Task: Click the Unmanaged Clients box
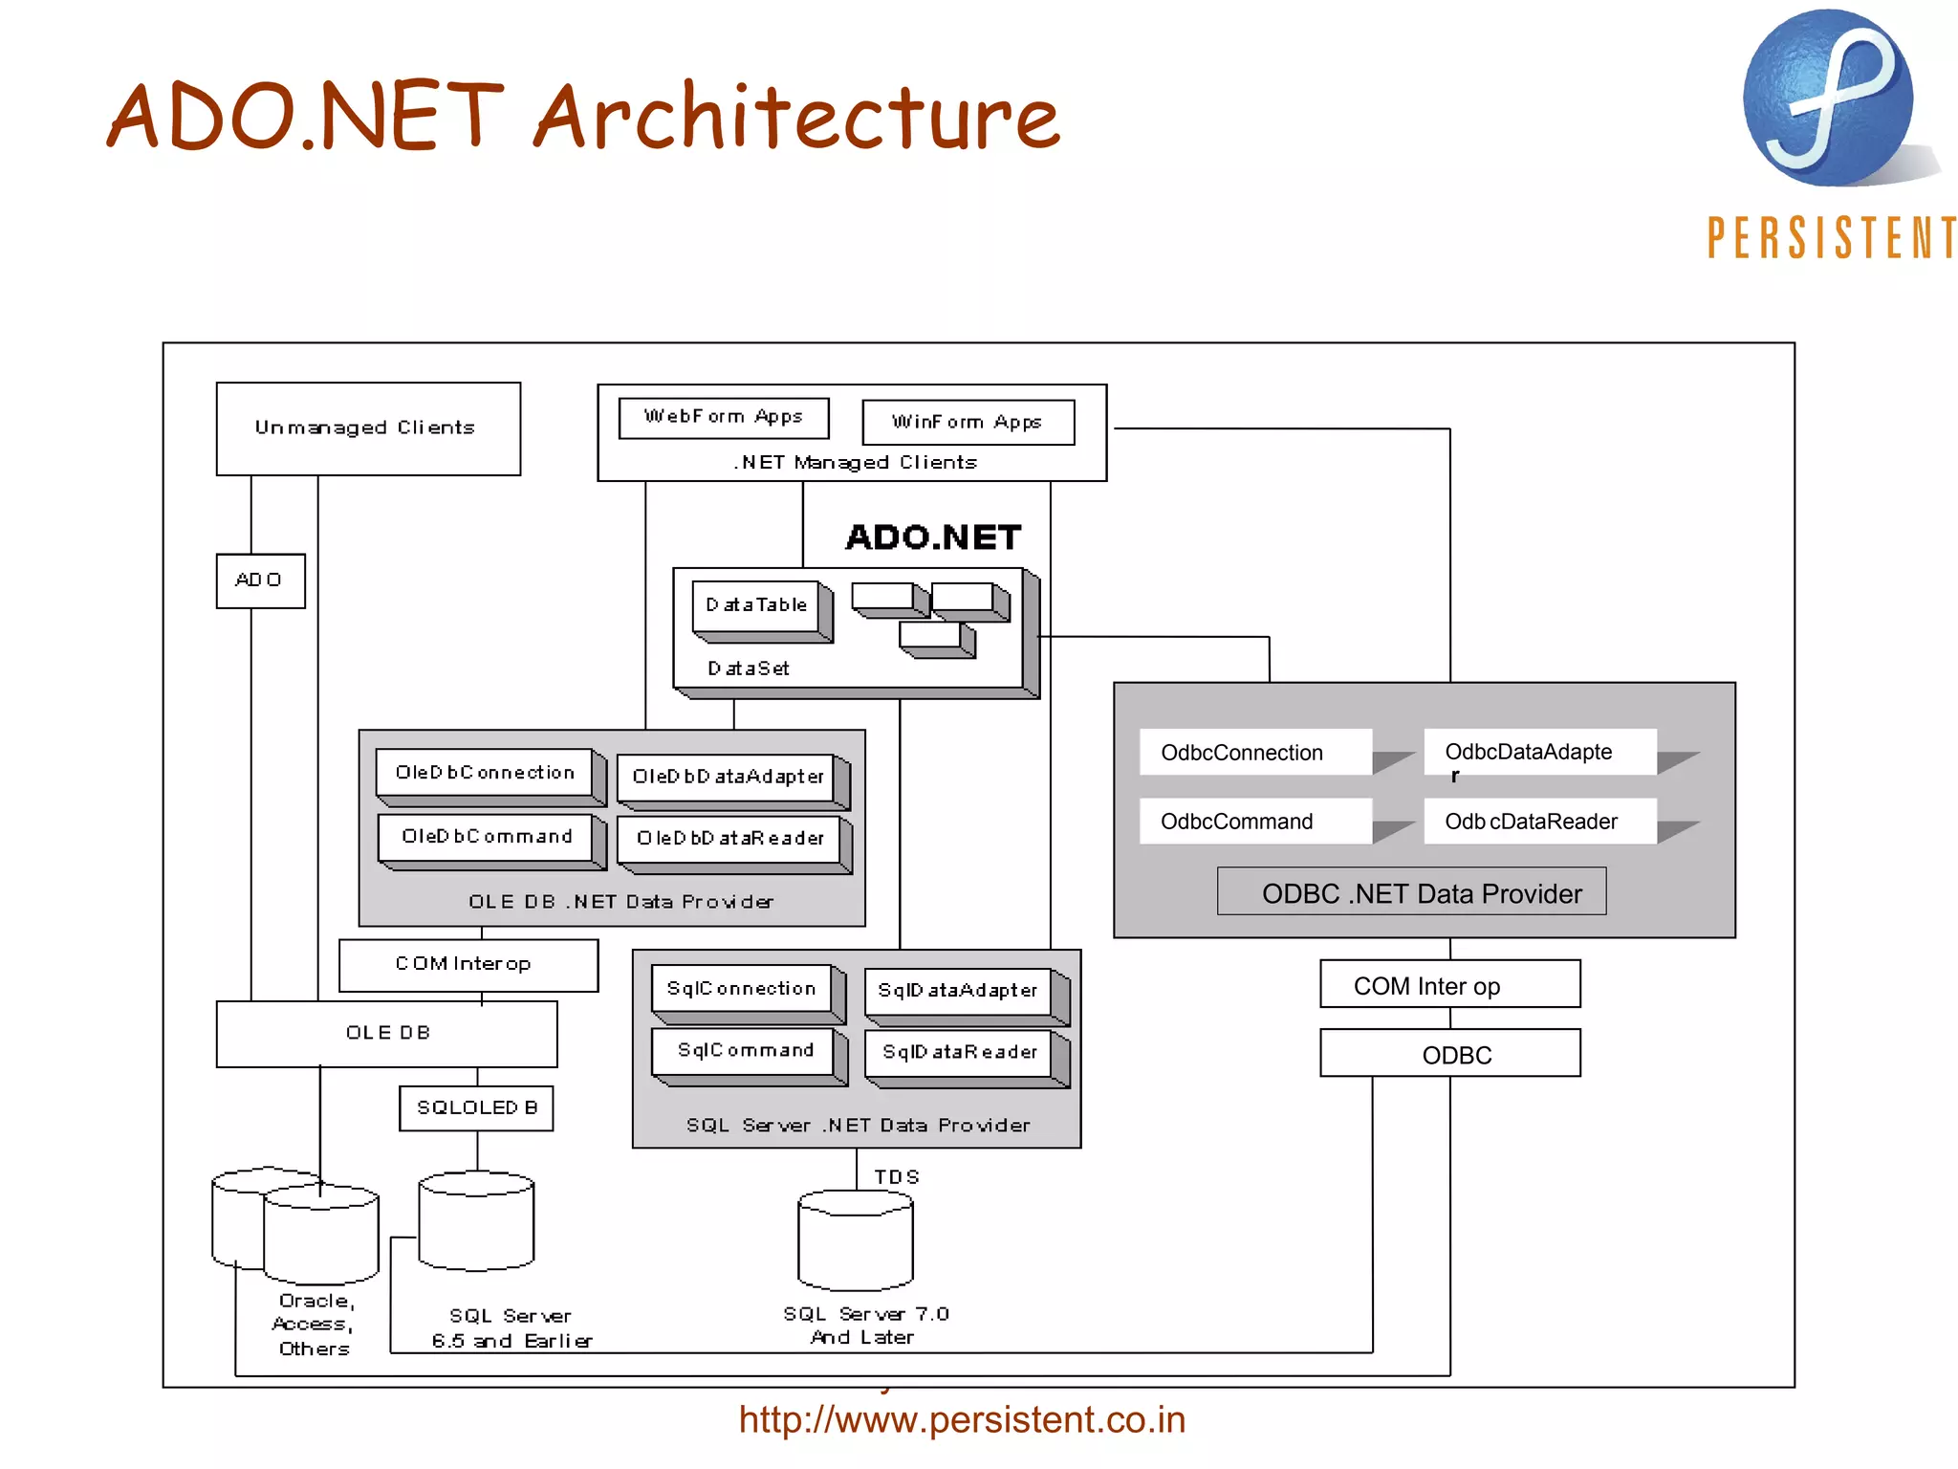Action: [x=368, y=428]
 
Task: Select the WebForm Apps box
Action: [x=723, y=418]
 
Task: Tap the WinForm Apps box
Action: [x=968, y=422]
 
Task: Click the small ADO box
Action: [x=260, y=581]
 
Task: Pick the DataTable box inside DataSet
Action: [x=756, y=605]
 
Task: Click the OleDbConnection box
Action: [x=485, y=773]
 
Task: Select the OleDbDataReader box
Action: [x=729, y=839]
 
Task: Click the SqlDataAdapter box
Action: [x=958, y=991]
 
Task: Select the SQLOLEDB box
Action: [x=476, y=1108]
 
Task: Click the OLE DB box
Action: [x=386, y=1034]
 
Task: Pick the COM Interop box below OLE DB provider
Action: [x=468, y=965]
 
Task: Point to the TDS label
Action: [x=896, y=1177]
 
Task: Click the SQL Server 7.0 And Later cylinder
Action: [x=856, y=1240]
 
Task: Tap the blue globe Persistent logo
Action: [x=1827, y=99]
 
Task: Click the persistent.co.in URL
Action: [x=962, y=1420]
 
